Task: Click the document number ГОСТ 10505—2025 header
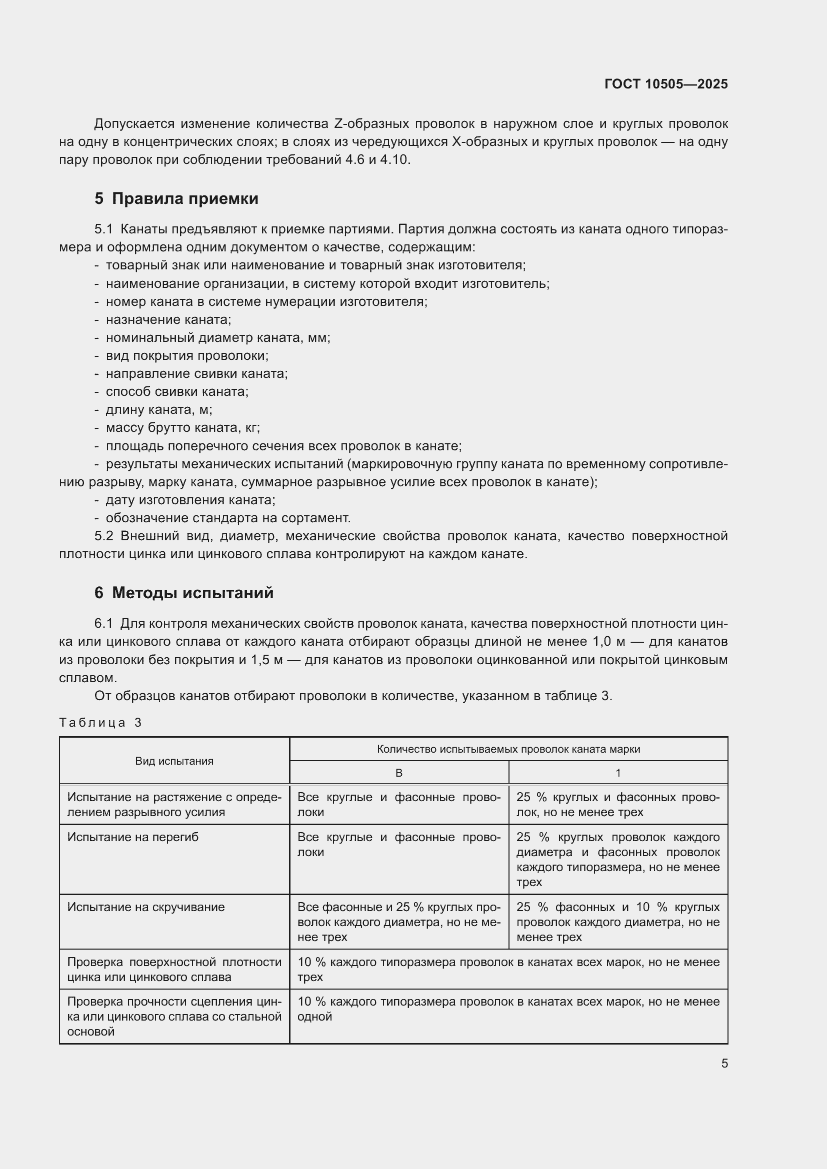[x=665, y=84]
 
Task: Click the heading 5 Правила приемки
[x=176, y=198]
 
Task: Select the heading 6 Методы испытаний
[x=184, y=593]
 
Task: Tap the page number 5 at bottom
[x=724, y=1063]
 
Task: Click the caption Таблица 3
[x=100, y=723]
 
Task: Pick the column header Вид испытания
[x=174, y=761]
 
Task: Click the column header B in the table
[x=398, y=773]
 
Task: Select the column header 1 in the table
[x=617, y=773]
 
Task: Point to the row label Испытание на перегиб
[x=133, y=838]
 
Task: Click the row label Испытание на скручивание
[x=145, y=907]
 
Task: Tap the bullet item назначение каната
[x=168, y=320]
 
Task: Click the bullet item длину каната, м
[x=159, y=410]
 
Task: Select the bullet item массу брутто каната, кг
[x=183, y=428]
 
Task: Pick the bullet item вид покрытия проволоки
[x=187, y=356]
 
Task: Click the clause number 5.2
[x=104, y=536]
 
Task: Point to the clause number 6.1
[x=103, y=624]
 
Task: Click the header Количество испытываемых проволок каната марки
[x=508, y=749]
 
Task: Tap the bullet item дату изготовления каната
[x=190, y=500]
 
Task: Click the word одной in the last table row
[x=314, y=1016]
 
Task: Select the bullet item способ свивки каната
[x=176, y=391]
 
